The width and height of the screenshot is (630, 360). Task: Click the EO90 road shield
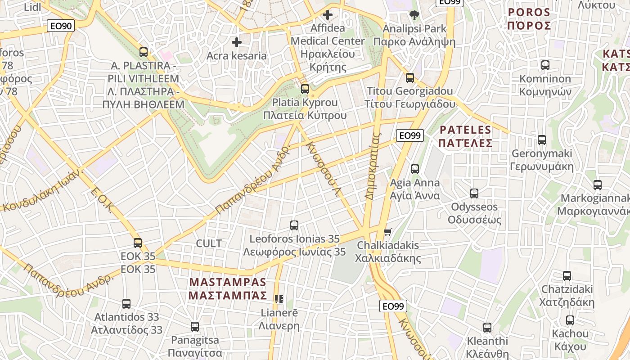pos(61,26)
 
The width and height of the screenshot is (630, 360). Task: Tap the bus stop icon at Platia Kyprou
pos(305,89)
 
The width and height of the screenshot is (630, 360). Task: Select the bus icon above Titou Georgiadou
pos(409,77)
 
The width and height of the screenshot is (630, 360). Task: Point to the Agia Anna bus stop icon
pos(414,169)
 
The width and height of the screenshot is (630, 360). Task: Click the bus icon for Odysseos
pos(474,193)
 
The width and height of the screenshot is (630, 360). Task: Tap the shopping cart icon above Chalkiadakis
pos(387,232)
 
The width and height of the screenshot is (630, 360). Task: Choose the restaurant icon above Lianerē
pos(279,299)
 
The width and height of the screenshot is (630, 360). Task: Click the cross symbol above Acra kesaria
pos(236,42)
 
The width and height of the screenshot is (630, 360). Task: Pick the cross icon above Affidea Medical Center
pos(327,15)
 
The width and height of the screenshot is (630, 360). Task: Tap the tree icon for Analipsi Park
pos(414,16)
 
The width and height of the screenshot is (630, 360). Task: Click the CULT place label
pos(209,243)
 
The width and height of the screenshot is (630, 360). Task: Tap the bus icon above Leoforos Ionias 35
pos(294,225)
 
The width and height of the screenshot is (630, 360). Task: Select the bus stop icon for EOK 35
pos(138,243)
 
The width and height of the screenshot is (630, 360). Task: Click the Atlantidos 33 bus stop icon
pos(126,304)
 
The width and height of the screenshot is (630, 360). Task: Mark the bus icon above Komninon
pos(545,65)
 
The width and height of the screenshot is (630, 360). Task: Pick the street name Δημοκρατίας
pos(373,166)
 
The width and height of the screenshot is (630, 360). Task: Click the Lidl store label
pos(32,7)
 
